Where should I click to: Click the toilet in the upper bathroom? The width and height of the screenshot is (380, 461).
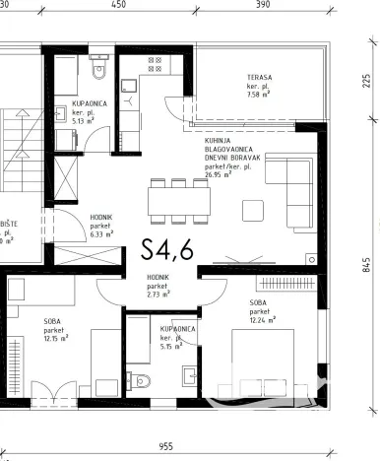(x=96, y=72)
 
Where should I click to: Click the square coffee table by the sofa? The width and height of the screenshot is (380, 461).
(x=254, y=210)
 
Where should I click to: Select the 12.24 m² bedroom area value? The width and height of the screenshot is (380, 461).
(x=261, y=319)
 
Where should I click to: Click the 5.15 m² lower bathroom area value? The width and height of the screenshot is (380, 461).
(x=173, y=346)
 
